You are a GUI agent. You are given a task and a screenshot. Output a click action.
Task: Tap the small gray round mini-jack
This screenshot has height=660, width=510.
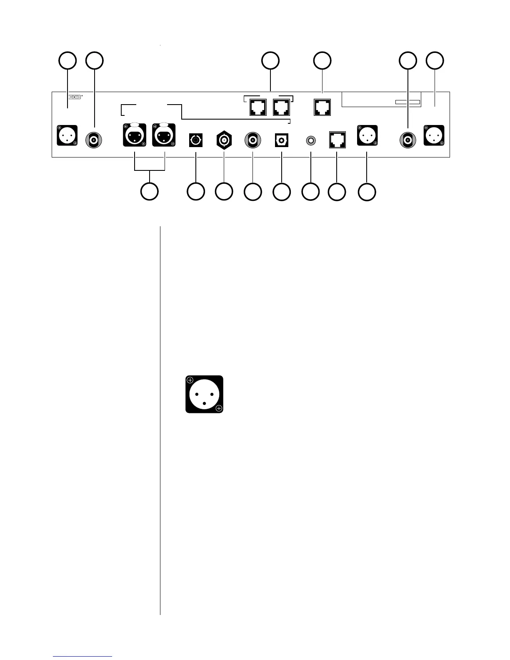310,141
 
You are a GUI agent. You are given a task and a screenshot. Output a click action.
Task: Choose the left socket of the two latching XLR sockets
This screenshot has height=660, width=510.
135,135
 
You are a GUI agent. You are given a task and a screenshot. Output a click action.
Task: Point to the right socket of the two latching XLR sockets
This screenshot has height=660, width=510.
164,135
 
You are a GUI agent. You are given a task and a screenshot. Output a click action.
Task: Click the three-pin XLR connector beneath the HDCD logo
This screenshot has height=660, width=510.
67,135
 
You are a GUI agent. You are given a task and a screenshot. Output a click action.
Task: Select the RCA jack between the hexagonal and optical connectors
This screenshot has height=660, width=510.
252,140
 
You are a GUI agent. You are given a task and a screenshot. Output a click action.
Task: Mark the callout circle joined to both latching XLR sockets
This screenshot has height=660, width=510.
150,191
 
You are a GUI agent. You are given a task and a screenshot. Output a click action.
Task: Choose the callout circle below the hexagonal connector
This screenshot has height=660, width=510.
224,191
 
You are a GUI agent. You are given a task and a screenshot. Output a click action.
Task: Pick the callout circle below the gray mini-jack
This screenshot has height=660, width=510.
310,192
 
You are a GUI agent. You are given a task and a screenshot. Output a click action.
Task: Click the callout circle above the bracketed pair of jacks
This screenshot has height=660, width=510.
270,60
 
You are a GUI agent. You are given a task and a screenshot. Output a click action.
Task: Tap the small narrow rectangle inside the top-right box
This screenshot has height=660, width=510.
407,102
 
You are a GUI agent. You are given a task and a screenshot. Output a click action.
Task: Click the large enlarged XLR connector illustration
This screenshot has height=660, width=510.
204,394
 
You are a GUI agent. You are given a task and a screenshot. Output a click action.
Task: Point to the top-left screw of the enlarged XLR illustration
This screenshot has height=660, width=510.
190,380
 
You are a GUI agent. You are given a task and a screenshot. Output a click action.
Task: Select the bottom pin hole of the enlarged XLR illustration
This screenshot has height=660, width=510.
204,403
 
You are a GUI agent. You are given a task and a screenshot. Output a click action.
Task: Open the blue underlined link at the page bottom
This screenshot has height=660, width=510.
82,657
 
